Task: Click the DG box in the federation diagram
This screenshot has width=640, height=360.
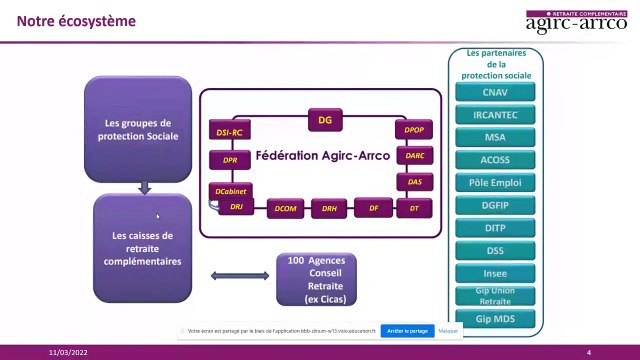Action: [x=324, y=120]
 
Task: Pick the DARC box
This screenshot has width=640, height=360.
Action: [x=414, y=156]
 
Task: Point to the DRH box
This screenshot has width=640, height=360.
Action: [x=329, y=209]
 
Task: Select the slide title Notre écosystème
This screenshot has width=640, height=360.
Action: [x=69, y=20]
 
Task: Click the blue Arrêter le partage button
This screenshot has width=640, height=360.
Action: [x=406, y=329]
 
